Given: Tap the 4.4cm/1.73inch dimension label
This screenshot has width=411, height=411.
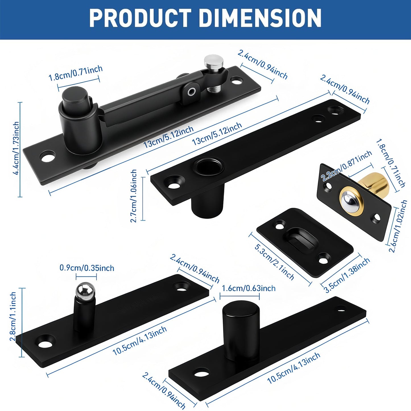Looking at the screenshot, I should [x=16, y=148].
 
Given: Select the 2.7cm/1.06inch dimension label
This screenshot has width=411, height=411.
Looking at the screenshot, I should [x=134, y=196].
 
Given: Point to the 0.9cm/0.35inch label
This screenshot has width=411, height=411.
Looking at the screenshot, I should [x=87, y=268].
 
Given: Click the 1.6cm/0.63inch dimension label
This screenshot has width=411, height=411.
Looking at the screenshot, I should [x=249, y=288].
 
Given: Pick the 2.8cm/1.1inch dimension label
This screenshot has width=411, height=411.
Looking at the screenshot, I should [x=13, y=316].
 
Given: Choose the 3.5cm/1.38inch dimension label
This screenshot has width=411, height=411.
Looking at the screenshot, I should [x=348, y=275].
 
